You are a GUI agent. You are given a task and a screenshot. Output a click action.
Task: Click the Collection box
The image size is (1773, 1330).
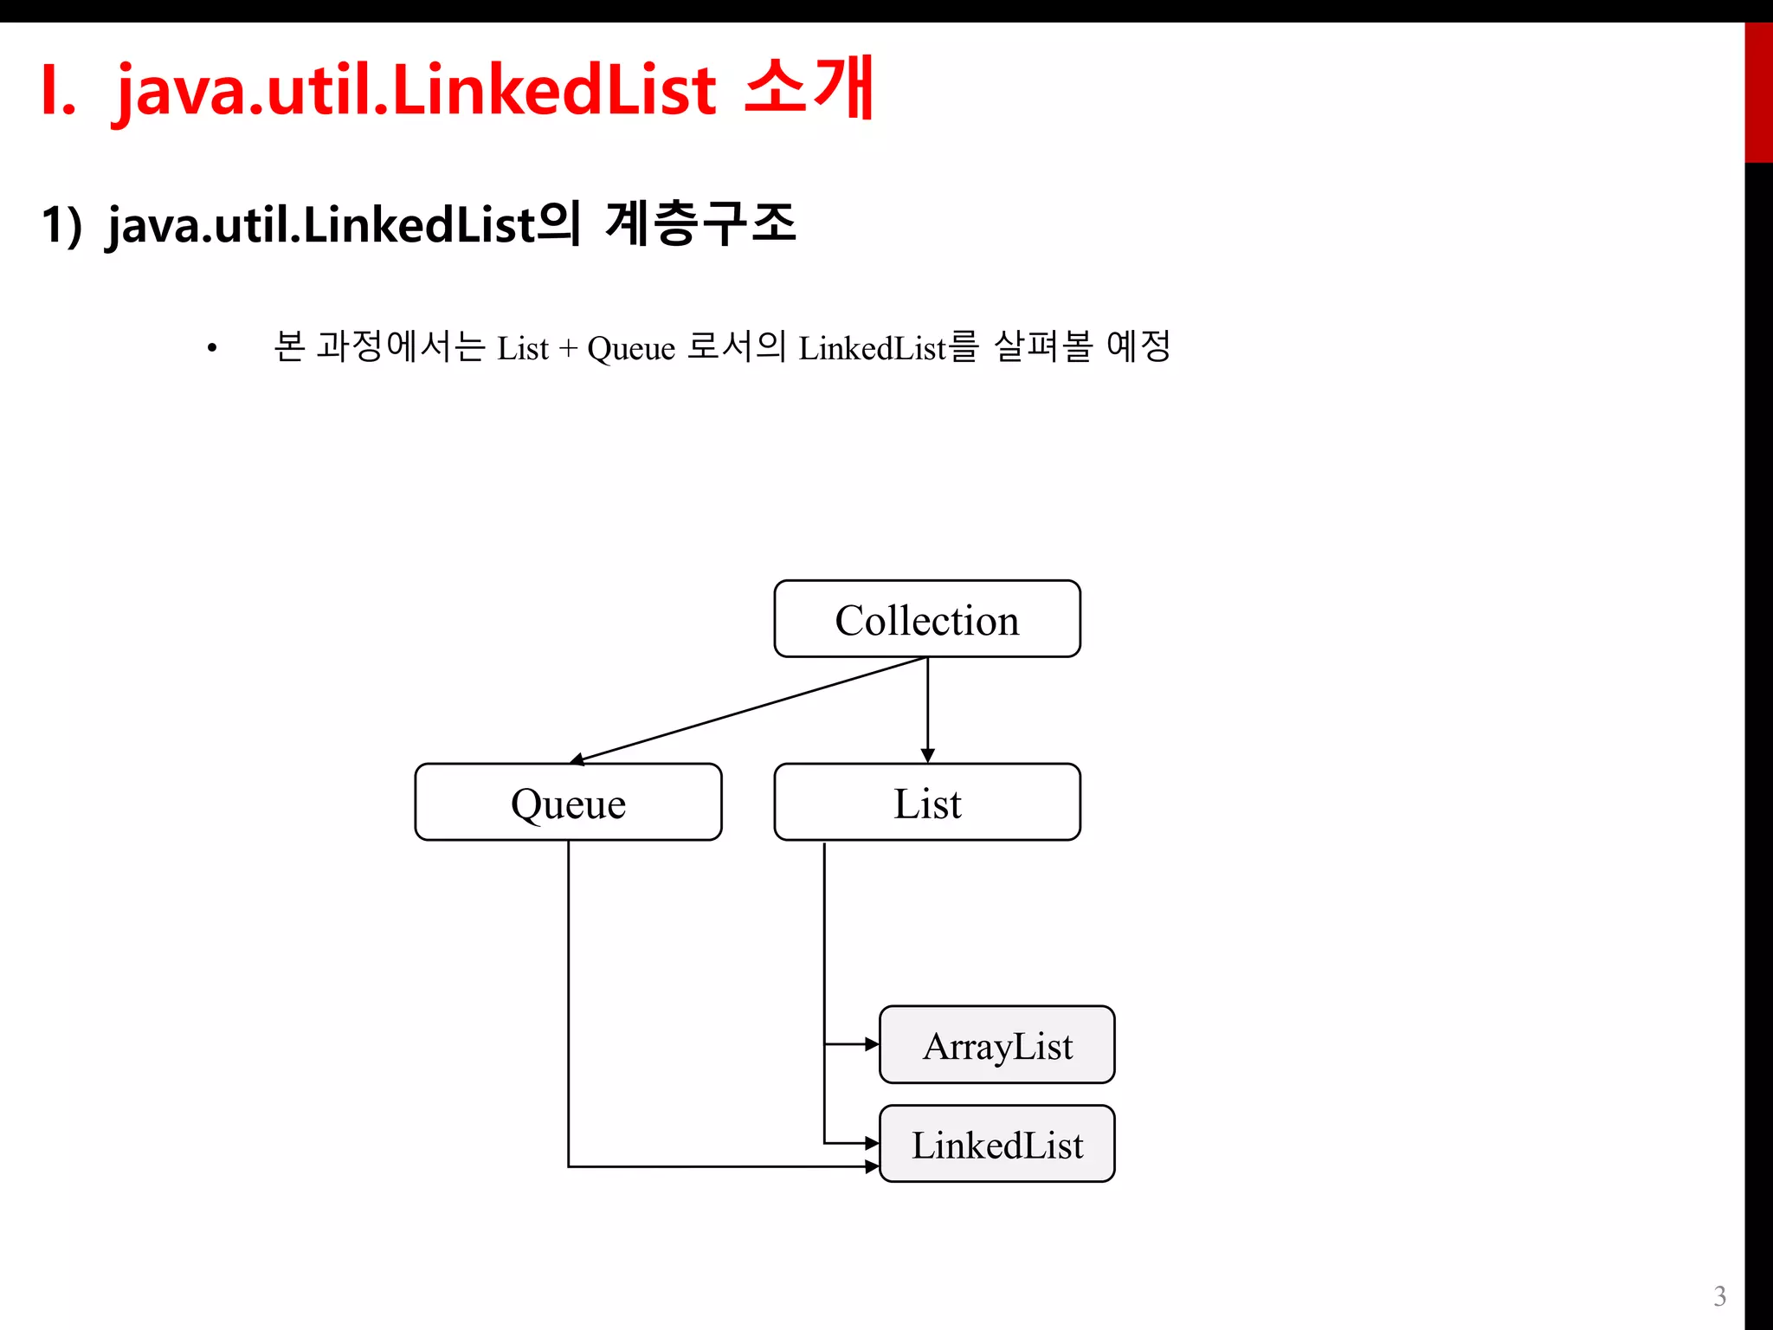point(926,619)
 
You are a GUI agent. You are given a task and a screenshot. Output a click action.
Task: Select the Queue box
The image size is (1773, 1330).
point(568,803)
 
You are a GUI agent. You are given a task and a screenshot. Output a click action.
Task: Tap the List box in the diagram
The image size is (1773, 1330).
point(926,803)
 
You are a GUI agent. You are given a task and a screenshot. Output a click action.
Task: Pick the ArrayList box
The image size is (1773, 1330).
point(996,1045)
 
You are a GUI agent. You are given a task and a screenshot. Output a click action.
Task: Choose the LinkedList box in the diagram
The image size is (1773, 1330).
point(996,1144)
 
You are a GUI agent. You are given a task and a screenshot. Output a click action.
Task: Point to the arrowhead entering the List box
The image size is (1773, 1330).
point(927,755)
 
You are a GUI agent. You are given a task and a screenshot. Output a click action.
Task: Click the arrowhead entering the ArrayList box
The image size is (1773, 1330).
point(872,1044)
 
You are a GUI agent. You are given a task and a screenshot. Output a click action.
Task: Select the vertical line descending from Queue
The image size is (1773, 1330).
point(569,996)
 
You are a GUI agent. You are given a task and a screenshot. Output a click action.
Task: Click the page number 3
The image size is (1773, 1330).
point(1719,1296)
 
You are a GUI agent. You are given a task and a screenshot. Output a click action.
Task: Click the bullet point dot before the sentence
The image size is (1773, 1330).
point(212,350)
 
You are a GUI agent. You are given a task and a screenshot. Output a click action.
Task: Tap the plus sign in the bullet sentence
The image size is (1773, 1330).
point(568,349)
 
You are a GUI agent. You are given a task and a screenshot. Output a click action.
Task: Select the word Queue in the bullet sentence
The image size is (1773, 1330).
point(630,349)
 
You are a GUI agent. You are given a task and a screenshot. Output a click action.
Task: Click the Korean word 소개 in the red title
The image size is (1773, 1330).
point(809,87)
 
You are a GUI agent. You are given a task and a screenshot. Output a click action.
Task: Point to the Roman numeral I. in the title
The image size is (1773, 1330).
point(58,91)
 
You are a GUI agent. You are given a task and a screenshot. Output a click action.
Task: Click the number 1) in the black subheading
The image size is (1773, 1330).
point(61,225)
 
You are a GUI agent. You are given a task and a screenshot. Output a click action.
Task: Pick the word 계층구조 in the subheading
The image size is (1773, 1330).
point(700,223)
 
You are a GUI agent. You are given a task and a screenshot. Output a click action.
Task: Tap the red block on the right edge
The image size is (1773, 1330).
point(1757,93)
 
